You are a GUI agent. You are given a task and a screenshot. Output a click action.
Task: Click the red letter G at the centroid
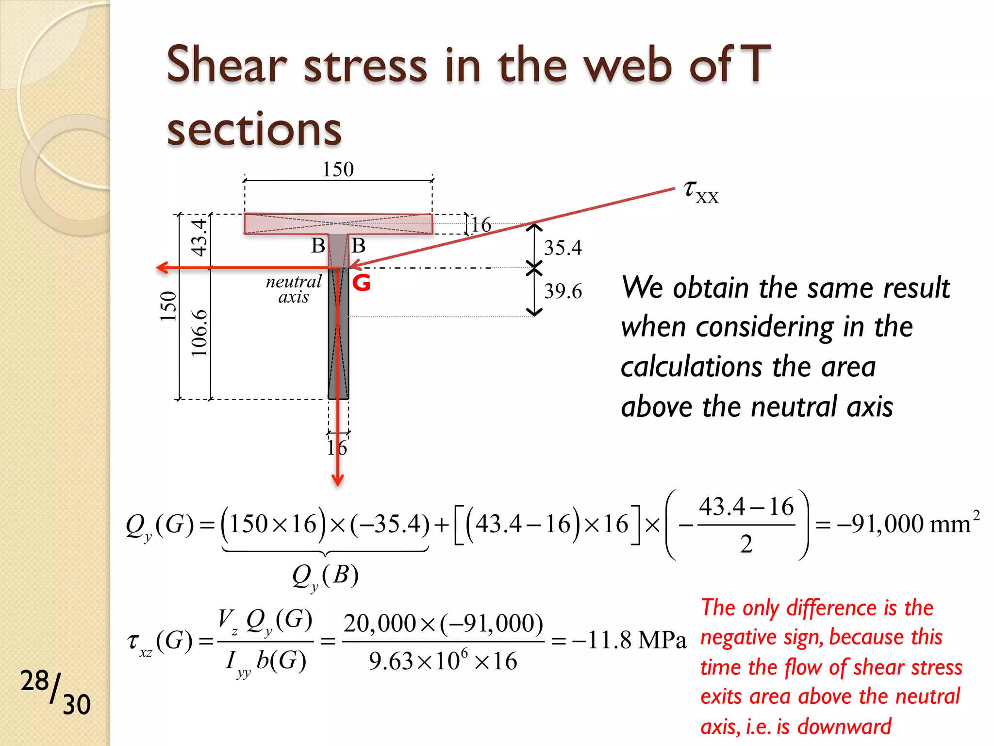(x=362, y=283)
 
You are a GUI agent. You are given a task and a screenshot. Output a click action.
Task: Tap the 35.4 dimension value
(x=563, y=248)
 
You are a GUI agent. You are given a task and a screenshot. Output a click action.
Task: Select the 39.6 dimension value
(x=563, y=291)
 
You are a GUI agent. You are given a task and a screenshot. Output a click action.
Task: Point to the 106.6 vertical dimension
(x=199, y=333)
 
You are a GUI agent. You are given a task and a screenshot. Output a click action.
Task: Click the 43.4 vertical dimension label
(x=199, y=237)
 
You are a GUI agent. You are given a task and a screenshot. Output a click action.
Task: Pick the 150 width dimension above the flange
(x=338, y=170)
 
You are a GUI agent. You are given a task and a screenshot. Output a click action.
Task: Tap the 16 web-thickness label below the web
(x=337, y=448)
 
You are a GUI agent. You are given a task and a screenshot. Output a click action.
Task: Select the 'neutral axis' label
(x=294, y=289)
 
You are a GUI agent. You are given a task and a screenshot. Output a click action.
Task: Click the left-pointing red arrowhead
(x=162, y=268)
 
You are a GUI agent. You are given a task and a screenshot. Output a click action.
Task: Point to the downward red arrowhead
(x=338, y=480)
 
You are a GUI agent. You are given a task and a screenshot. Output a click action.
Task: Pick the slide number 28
(x=34, y=681)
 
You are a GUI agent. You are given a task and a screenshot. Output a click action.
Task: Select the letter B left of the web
(x=318, y=246)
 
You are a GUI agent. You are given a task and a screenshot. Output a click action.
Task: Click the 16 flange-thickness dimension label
(x=481, y=225)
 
